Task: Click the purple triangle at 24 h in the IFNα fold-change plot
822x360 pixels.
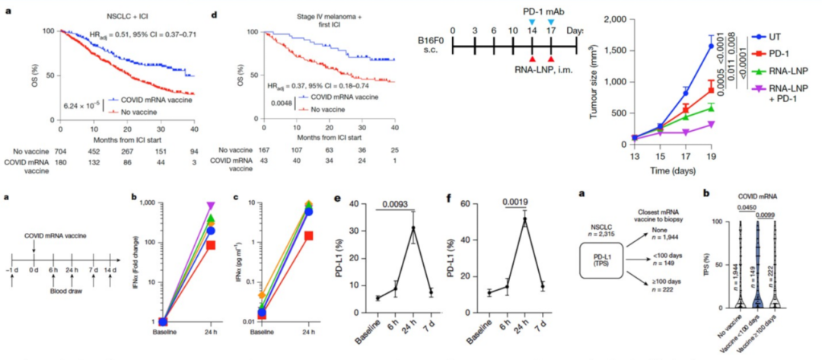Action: tap(211, 205)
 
